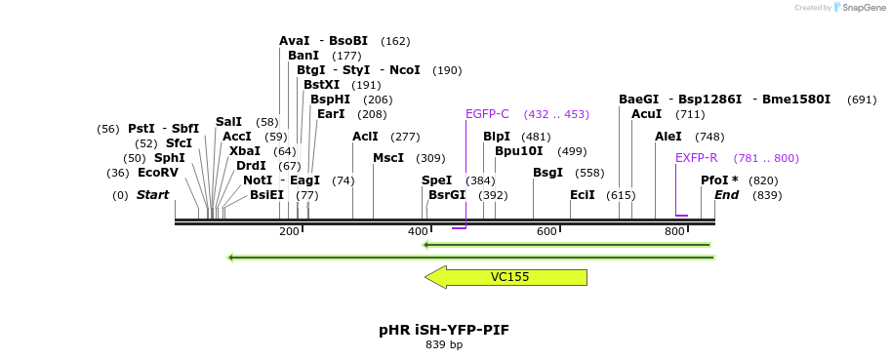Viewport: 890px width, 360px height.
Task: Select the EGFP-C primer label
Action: point(487,114)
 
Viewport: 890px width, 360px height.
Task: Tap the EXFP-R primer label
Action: point(696,158)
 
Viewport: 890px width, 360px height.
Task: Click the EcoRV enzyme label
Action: point(158,173)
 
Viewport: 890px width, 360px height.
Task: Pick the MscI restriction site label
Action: point(387,158)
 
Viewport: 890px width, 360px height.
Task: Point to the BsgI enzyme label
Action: point(547,173)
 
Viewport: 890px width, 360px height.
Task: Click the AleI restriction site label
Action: point(668,137)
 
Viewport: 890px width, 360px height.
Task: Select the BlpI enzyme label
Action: point(497,137)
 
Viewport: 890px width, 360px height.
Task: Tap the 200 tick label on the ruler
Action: point(289,231)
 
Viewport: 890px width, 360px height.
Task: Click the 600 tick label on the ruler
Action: point(546,231)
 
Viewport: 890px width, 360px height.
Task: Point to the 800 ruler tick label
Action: point(674,231)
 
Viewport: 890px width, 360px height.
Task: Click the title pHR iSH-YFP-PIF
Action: point(444,330)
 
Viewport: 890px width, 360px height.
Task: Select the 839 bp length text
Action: point(444,344)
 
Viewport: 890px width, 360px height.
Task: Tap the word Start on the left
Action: point(152,195)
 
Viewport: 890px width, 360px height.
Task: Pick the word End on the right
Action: point(726,195)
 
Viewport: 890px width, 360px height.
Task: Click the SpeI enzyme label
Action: point(436,180)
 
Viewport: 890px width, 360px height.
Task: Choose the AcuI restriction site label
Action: point(646,114)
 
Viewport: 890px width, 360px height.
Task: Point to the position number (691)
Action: point(862,100)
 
